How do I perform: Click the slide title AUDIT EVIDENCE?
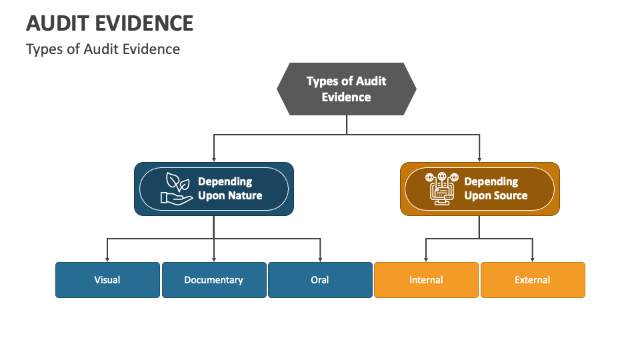pos(109,23)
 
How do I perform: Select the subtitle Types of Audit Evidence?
pos(103,49)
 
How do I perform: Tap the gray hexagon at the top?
pos(346,89)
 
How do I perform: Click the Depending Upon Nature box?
pos(213,189)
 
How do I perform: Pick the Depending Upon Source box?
pos(479,189)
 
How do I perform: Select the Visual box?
pos(107,279)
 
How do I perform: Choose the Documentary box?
pos(213,279)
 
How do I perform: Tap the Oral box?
pos(320,279)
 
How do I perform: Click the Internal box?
pos(426,279)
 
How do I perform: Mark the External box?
pos(533,279)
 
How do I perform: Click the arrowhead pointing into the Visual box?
pos(107,259)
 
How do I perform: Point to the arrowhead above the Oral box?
pos(320,259)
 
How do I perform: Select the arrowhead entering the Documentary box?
pos(213,259)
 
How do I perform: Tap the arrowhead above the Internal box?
pos(426,259)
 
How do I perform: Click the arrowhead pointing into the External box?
pos(533,259)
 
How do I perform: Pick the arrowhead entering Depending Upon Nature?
pos(213,159)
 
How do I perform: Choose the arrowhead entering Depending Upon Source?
pos(479,159)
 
